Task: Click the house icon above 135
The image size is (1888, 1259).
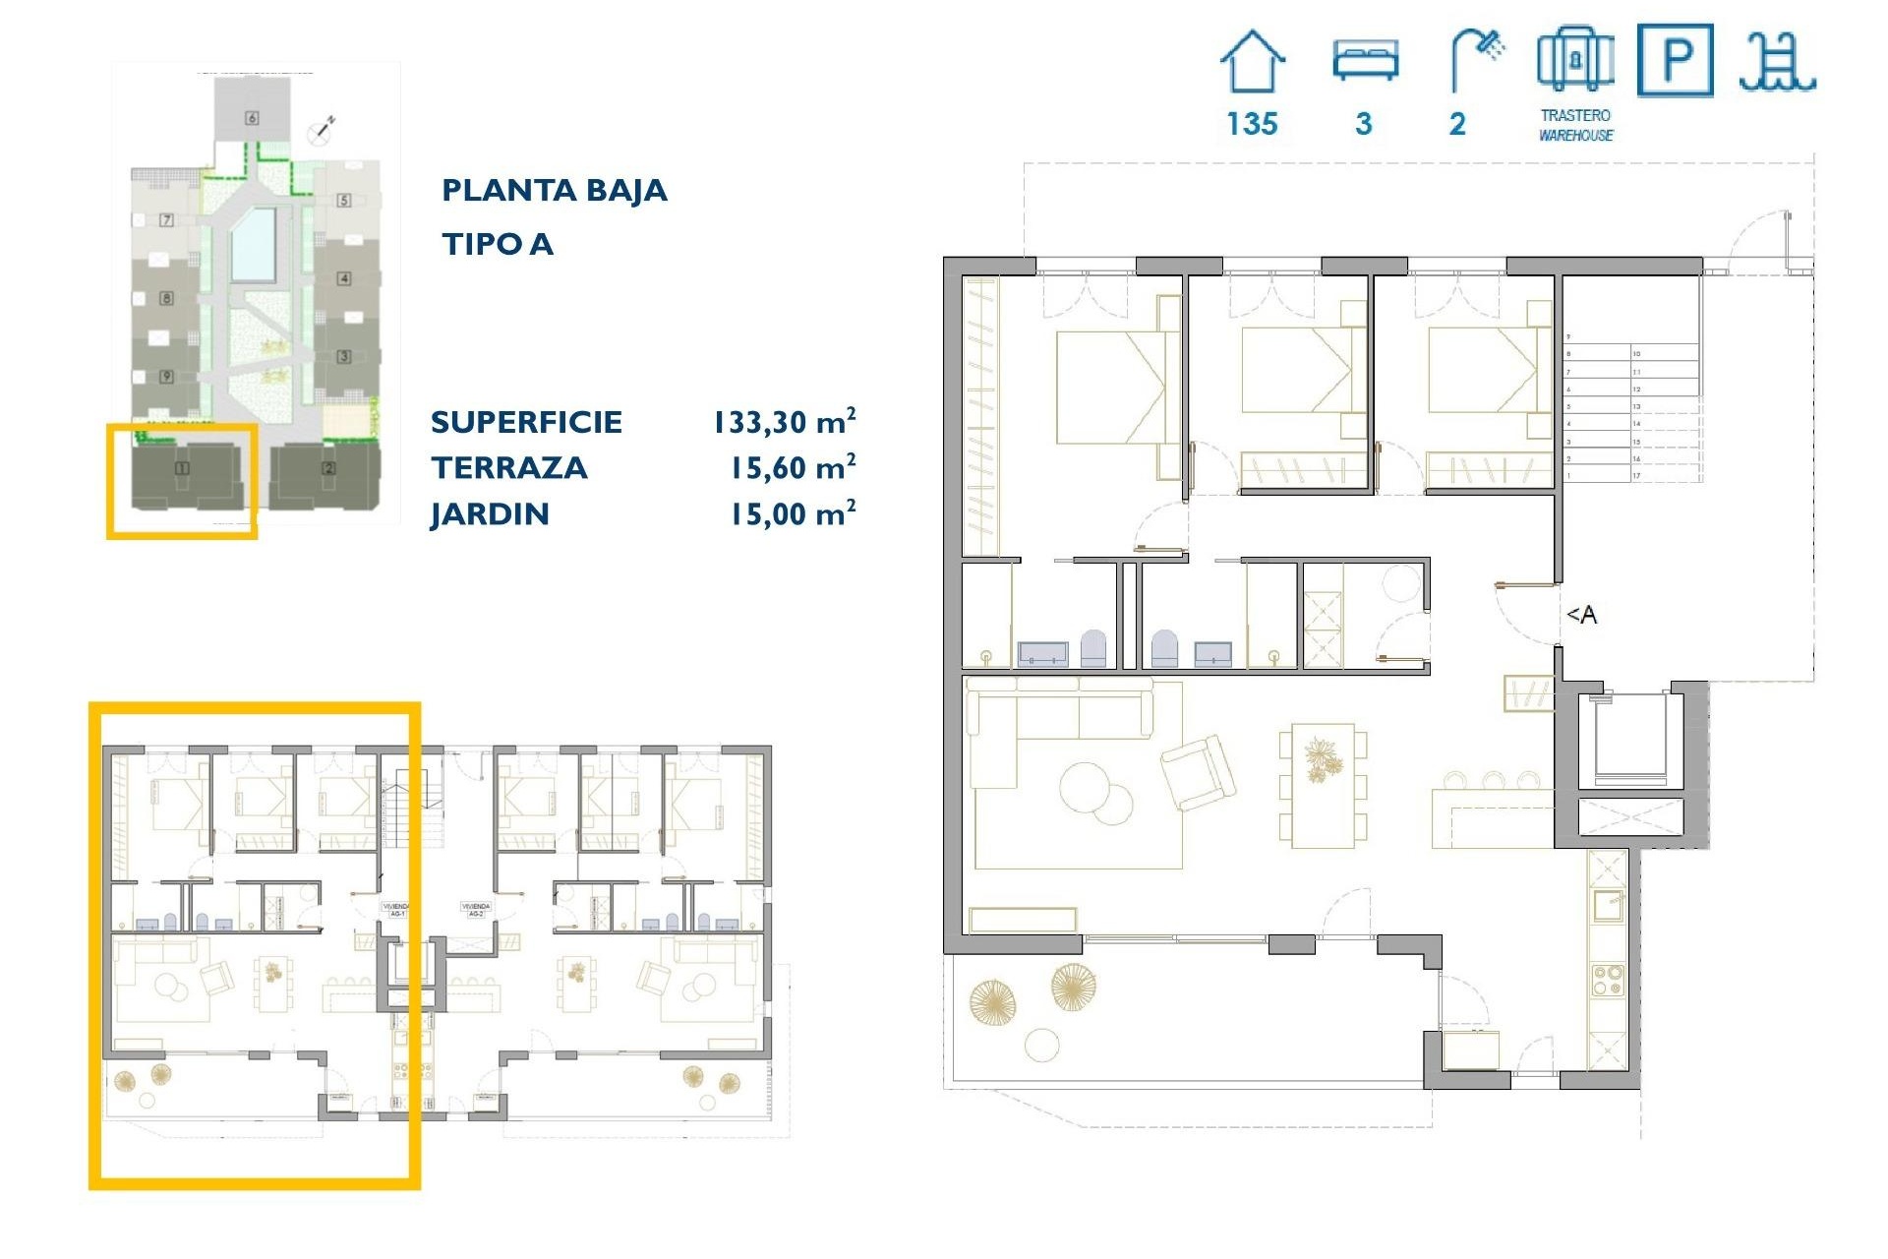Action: click(x=1252, y=61)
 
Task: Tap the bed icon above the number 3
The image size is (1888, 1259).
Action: click(x=1365, y=60)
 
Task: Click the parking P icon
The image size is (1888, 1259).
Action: click(x=1676, y=61)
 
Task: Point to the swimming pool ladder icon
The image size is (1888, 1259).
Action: click(x=1777, y=62)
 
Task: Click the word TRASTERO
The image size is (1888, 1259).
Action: click(x=1575, y=115)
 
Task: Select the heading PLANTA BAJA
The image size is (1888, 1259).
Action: click(x=554, y=190)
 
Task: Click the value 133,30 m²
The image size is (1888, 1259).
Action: click(x=784, y=422)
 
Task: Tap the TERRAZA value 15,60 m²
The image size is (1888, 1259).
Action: click(x=792, y=468)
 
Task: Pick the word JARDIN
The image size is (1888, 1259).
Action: click(x=490, y=514)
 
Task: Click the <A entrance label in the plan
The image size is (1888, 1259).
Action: click(x=1581, y=615)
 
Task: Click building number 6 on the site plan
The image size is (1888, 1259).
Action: click(x=252, y=118)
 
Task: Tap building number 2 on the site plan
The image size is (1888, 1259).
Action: click(x=328, y=469)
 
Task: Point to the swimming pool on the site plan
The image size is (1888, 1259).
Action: click(x=253, y=244)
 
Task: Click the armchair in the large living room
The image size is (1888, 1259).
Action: click(x=1198, y=772)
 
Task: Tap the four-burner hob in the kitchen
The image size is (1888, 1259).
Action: click(x=1608, y=981)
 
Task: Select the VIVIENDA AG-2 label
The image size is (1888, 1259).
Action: click(x=476, y=910)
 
